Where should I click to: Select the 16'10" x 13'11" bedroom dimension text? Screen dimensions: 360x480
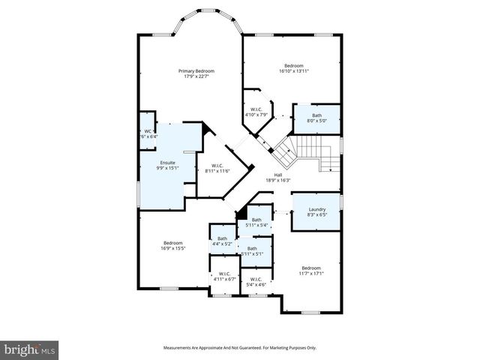[x=294, y=70]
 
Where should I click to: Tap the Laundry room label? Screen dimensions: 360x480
[x=316, y=210]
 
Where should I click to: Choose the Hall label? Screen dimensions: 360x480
[x=277, y=175]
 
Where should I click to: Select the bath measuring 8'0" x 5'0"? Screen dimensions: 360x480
[x=316, y=118]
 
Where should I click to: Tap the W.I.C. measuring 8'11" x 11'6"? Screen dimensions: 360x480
[x=217, y=168]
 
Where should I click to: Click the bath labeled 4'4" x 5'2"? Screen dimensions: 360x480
[x=222, y=241]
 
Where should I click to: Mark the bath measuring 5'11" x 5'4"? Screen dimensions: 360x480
[x=256, y=222]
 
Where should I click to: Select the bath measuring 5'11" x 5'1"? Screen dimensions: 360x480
[x=252, y=250]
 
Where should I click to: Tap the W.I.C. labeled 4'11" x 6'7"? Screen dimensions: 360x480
[x=223, y=276]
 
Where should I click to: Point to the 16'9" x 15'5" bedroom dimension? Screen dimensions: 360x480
[x=173, y=248]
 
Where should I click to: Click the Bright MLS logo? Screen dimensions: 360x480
[x=30, y=349]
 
